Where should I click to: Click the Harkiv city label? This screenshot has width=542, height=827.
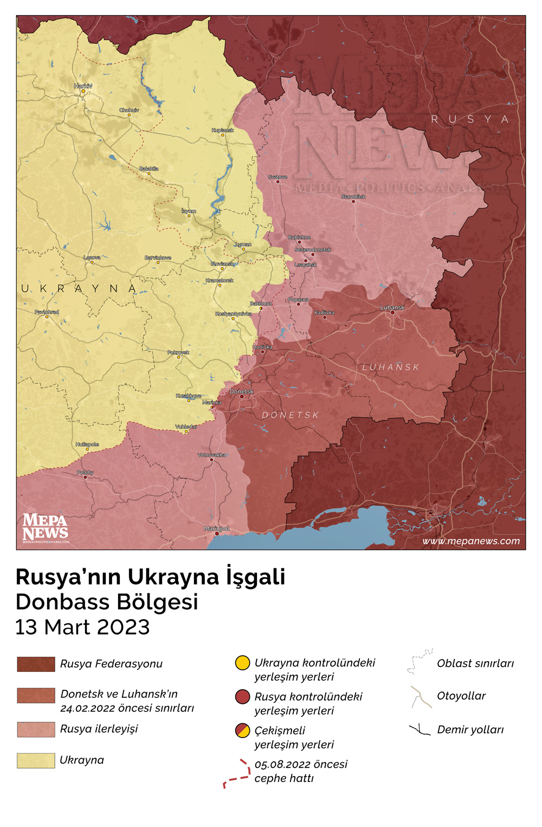[x=83, y=86]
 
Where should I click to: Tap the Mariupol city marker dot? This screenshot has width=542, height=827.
[x=217, y=534]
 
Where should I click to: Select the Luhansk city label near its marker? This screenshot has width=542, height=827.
[x=392, y=307]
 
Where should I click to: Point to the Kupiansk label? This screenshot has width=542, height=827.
[x=222, y=130]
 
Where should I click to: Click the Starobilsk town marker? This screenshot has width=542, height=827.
[x=353, y=202]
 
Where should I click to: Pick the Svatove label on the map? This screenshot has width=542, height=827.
[x=278, y=177]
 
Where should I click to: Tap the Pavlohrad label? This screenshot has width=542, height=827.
[x=47, y=312]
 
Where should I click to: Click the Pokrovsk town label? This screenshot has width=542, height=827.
[x=178, y=352]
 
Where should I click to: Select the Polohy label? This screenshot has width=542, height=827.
[x=85, y=472]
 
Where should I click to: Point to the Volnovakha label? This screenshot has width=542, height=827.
[x=211, y=455]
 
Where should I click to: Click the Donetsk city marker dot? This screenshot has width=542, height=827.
[x=242, y=396]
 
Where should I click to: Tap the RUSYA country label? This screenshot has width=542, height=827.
[x=469, y=119]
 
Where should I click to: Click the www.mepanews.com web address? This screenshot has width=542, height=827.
[x=470, y=541]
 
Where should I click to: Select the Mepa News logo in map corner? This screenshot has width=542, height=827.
[x=46, y=528]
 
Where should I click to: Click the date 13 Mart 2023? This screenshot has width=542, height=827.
[x=82, y=627]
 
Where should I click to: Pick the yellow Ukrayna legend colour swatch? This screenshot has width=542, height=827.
[x=36, y=760]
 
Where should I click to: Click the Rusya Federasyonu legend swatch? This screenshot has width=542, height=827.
[x=36, y=664]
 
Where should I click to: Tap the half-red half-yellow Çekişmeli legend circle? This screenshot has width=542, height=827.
[x=242, y=730]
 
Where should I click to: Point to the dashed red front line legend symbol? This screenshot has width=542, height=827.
[x=237, y=774]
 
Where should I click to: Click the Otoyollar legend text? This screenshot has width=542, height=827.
[x=461, y=696]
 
